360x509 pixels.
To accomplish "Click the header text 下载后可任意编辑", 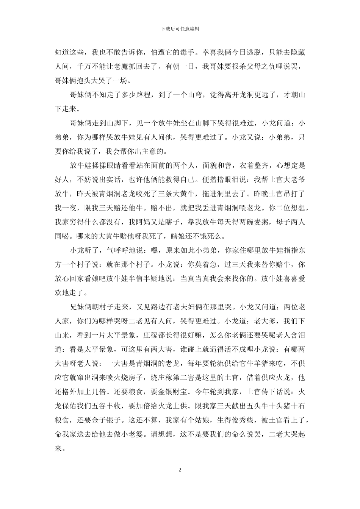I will click(180, 28).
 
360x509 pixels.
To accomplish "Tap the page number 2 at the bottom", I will click(180, 470).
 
